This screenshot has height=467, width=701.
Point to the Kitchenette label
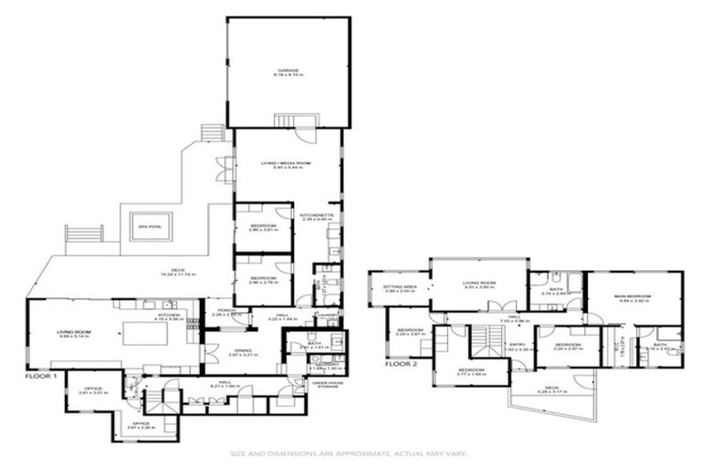tap(318, 215)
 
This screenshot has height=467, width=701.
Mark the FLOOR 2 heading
tap(402, 364)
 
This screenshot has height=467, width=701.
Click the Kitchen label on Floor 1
tap(168, 314)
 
